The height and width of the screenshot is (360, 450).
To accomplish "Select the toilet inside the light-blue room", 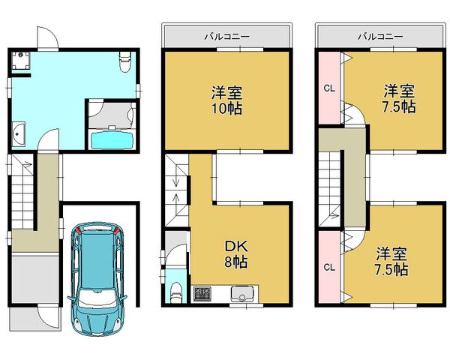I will click(125, 61).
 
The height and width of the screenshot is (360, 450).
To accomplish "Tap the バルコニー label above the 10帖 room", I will click(226, 35).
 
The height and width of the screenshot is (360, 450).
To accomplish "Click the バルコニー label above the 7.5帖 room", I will click(379, 35).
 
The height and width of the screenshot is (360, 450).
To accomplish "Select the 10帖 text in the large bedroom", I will click(225, 107).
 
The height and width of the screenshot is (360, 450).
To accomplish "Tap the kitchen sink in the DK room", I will click(243, 293).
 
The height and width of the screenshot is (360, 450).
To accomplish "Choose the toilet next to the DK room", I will click(175, 289).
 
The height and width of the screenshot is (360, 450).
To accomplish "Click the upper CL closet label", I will click(328, 88).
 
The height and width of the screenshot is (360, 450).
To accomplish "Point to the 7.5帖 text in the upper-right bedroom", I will click(396, 106).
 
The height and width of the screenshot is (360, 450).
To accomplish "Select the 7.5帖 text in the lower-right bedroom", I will click(390, 267).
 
